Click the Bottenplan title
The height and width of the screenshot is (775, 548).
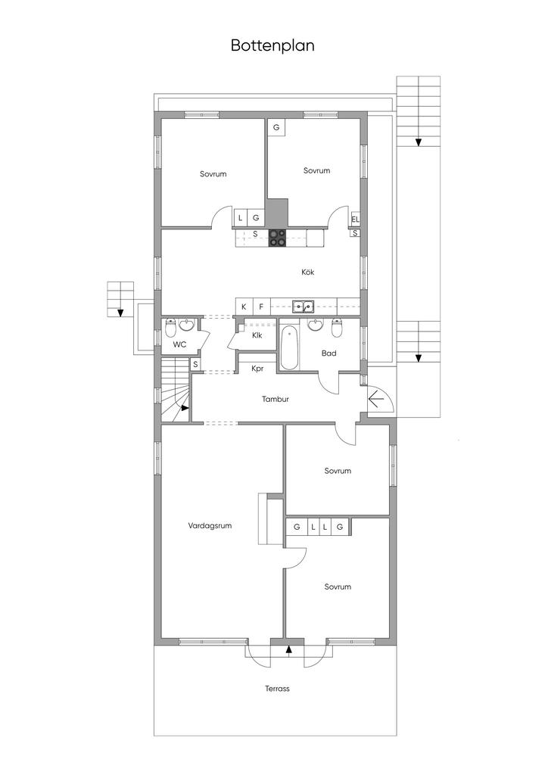tap(272, 45)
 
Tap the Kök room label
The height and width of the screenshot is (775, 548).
tap(308, 272)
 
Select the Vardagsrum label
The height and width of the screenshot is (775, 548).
tap(210, 525)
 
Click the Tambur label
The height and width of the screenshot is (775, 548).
tap(276, 399)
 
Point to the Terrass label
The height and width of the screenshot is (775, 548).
tap(277, 688)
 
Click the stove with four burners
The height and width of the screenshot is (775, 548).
tap(278, 238)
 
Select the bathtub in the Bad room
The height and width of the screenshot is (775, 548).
tap(290, 347)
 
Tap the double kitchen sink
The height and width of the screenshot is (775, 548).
tap(302, 307)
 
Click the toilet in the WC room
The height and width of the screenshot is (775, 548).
tap(170, 327)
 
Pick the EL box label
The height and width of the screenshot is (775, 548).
tap(355, 219)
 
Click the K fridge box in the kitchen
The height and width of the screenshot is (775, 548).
tap(244, 307)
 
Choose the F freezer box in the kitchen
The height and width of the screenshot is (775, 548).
tap(261, 307)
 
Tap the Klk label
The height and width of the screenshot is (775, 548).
tap(257, 335)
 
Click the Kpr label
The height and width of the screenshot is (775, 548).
tap(257, 369)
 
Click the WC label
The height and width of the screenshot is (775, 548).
tap(179, 344)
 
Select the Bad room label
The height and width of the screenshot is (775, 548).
tap(329, 353)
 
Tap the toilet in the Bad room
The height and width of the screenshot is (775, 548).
tap(337, 327)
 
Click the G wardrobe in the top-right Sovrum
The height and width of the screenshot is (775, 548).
tap(276, 127)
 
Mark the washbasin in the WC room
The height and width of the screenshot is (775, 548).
tap(187, 325)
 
